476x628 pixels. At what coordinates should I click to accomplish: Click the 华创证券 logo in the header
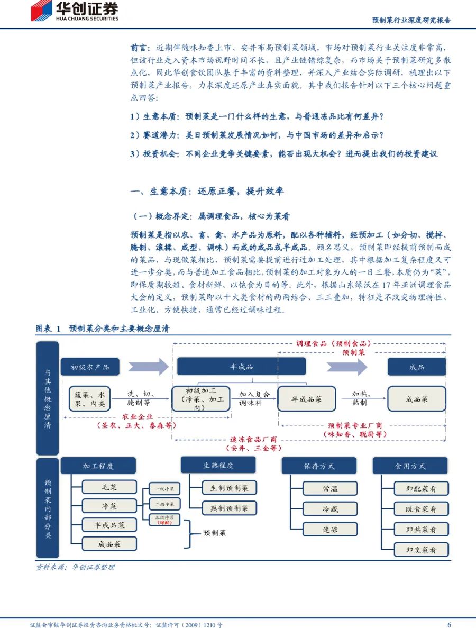tap(74, 12)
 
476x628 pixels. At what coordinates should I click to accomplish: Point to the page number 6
tap(449, 624)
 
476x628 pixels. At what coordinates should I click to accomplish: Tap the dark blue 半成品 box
tap(241, 367)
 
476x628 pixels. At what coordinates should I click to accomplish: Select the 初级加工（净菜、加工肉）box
tap(200, 399)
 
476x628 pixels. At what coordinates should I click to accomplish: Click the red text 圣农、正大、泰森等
tap(136, 425)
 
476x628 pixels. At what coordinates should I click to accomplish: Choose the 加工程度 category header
tap(98, 466)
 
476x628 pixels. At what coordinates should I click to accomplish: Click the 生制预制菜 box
tap(230, 488)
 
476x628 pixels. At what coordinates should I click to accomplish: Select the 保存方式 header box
tap(319, 466)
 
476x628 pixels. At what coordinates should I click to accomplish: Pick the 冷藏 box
tap(329, 509)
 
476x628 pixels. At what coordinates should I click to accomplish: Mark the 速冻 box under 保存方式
tap(329, 529)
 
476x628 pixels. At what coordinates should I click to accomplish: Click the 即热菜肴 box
tap(422, 529)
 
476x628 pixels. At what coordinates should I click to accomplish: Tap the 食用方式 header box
tap(410, 466)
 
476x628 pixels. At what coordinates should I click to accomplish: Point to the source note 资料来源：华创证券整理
tap(75, 567)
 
